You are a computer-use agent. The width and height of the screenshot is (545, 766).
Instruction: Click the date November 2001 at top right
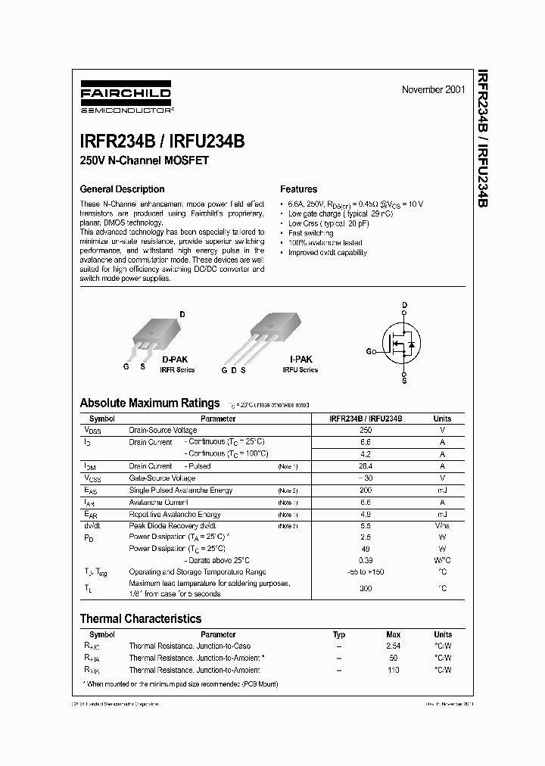click(433, 90)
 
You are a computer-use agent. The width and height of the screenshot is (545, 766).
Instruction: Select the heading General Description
click(122, 189)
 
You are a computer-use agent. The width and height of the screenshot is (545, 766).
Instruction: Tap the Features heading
click(298, 189)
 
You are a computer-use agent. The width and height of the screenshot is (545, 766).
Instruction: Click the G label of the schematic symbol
click(369, 352)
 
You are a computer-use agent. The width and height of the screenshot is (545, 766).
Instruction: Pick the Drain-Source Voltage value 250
click(366, 430)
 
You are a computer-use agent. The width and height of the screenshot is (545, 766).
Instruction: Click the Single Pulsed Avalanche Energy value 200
click(366, 490)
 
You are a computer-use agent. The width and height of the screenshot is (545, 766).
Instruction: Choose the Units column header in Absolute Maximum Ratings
click(441, 419)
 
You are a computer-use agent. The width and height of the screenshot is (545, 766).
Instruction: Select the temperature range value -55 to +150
click(366, 573)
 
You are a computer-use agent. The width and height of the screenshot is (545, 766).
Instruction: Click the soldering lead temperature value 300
click(366, 588)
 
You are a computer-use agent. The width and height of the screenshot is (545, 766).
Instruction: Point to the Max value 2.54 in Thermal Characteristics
click(393, 646)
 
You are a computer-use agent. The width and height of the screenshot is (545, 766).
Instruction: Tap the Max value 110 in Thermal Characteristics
click(393, 670)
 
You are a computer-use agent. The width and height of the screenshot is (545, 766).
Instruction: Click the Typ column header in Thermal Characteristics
click(339, 634)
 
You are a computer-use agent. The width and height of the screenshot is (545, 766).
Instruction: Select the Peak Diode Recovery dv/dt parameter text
click(173, 525)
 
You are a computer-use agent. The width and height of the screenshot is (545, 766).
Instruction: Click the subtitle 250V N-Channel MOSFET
click(144, 160)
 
